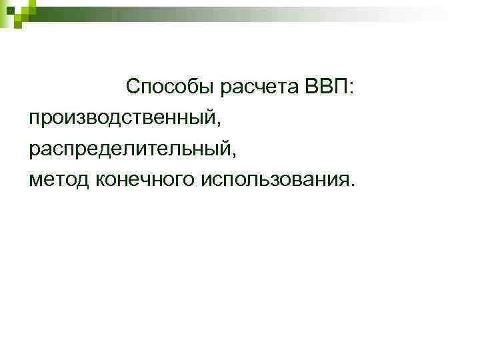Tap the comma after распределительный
(x=234, y=155)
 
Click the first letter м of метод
(x=35, y=179)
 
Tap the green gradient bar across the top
(x=267, y=11)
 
